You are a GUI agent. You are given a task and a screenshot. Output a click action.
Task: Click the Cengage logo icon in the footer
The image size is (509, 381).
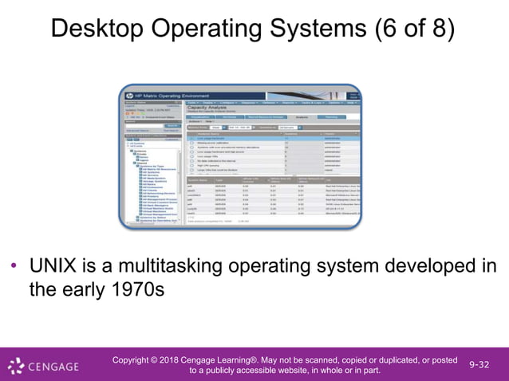pyautogui.click(x=16, y=367)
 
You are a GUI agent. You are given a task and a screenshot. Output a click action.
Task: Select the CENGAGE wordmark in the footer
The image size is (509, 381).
pyautogui.click(x=53, y=367)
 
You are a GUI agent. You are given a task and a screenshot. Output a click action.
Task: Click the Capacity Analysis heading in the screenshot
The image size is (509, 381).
pyautogui.click(x=211, y=111)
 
